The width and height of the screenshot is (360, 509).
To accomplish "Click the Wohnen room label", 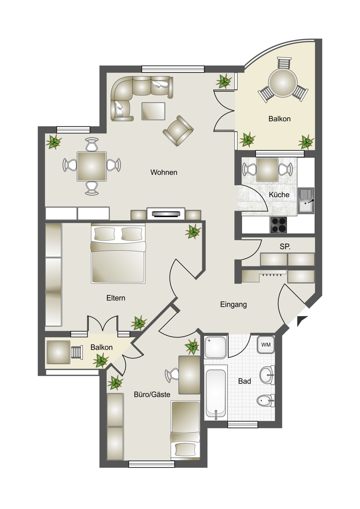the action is pyautogui.click(x=164, y=173).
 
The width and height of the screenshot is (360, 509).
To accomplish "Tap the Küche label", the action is pyautogui.click(x=279, y=195).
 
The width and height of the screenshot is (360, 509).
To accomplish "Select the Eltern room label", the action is pyautogui.click(x=116, y=298).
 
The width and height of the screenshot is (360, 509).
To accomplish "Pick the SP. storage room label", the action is pyautogui.click(x=285, y=247).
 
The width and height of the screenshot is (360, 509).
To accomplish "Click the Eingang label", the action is pyautogui.click(x=233, y=305).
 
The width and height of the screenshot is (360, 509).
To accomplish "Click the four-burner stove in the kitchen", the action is pyautogui.click(x=278, y=225).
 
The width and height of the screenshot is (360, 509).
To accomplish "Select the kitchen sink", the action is pyautogui.click(x=306, y=201).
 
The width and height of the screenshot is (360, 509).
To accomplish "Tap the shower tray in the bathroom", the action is pyautogui.click(x=215, y=347).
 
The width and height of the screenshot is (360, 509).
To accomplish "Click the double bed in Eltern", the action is pyautogui.click(x=118, y=253).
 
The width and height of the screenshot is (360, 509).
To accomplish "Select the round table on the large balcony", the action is pyautogui.click(x=283, y=83).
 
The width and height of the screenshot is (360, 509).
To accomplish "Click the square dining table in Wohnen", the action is pyautogui.click(x=92, y=167).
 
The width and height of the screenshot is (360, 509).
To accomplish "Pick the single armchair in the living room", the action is pyautogui.click(x=178, y=131).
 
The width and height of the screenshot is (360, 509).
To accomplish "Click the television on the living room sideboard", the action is pyautogui.click(x=166, y=214).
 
